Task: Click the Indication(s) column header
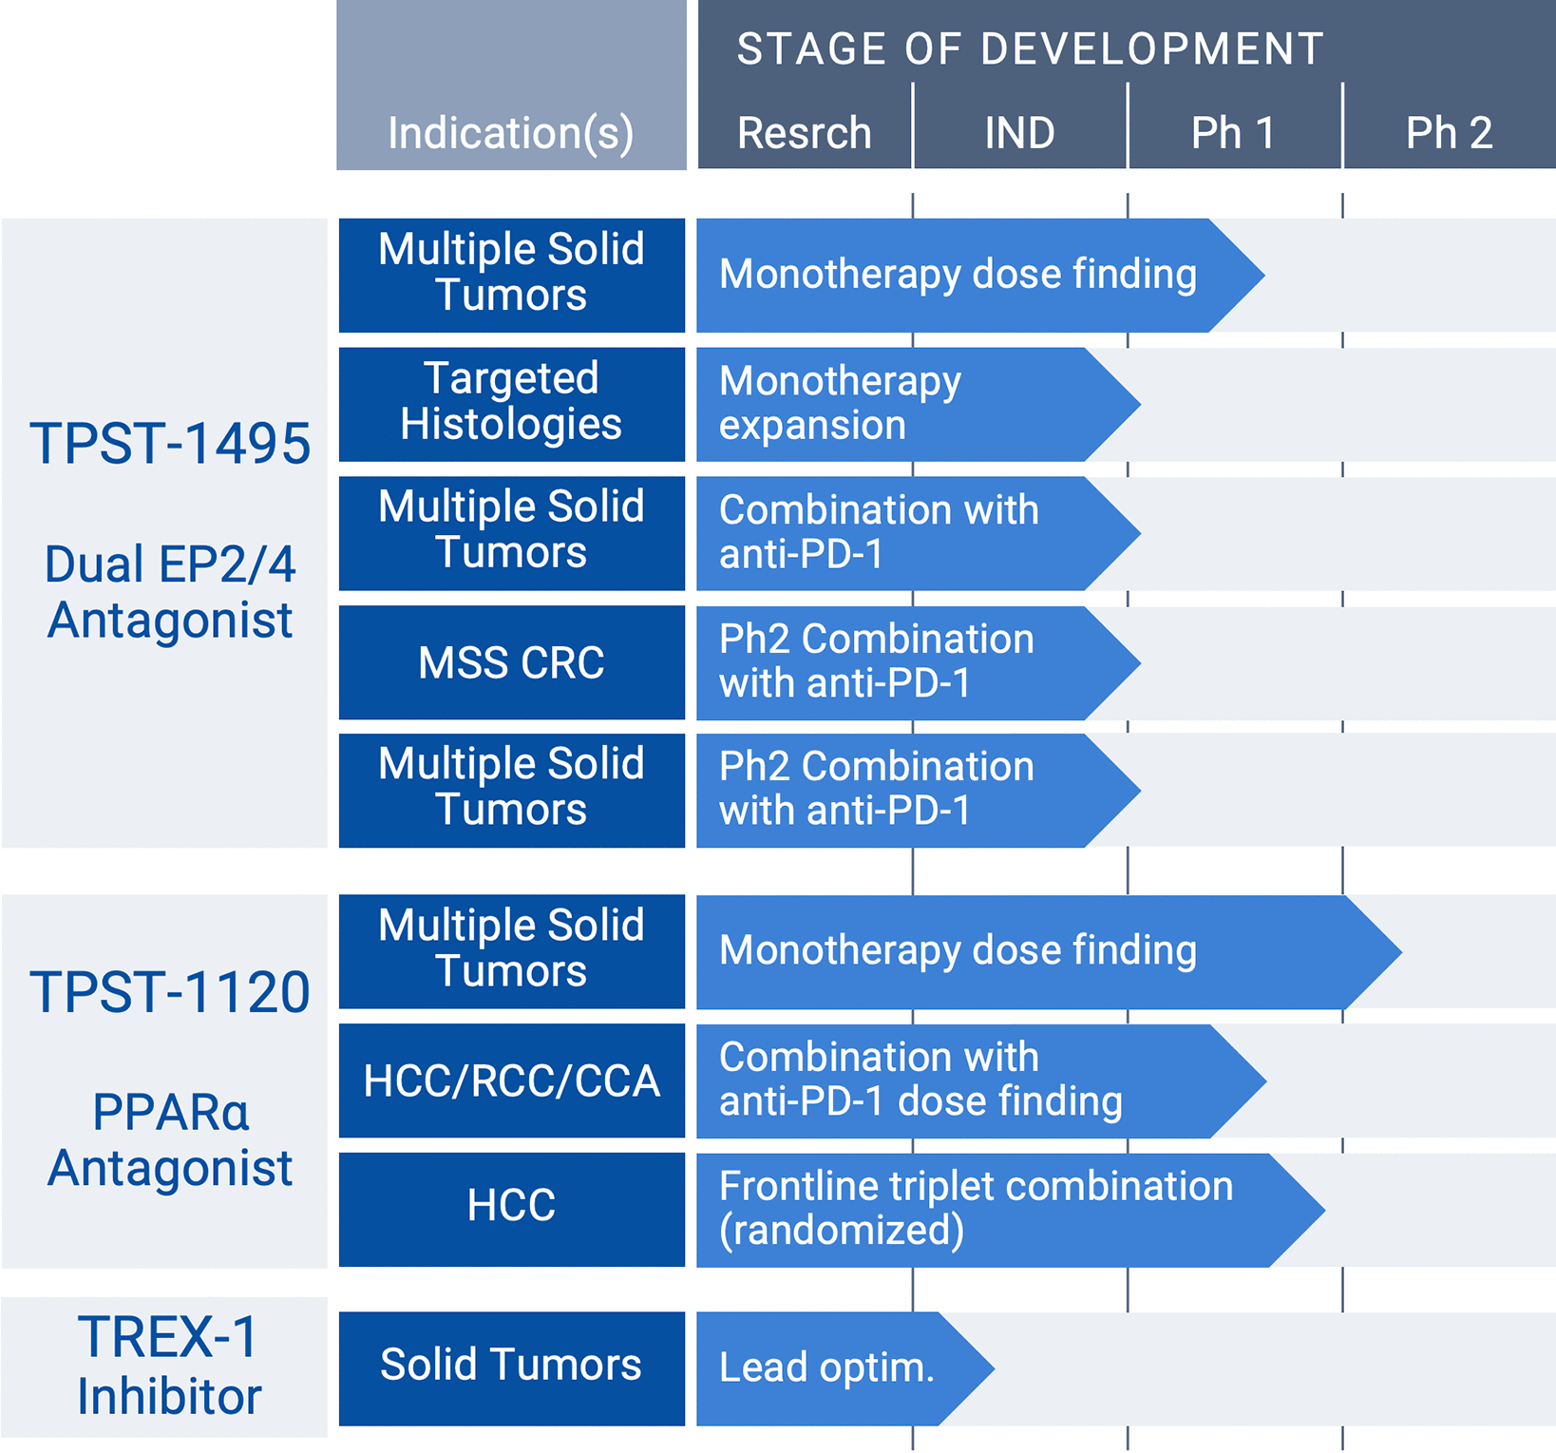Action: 511,132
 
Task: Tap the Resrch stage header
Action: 804,132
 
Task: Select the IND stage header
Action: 1019,132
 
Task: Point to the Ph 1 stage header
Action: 1233,132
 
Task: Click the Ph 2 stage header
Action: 1449,132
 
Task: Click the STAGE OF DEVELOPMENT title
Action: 1031,49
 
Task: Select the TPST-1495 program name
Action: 170,443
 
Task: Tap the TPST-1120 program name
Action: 170,991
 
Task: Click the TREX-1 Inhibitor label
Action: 169,1367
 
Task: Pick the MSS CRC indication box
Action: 511,662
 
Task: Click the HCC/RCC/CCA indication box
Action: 511,1080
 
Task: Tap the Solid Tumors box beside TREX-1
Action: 511,1367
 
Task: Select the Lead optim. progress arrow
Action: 826,1368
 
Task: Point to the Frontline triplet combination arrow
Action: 978,1209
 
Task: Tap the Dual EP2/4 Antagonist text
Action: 170,592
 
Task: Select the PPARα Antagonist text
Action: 170,1139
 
